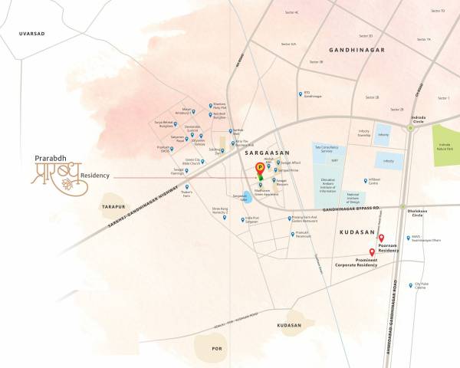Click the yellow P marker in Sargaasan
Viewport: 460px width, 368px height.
click(260, 166)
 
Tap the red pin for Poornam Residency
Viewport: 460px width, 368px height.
click(381, 238)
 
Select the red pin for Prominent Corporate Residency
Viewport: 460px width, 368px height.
click(372, 252)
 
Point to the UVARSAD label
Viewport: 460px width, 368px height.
click(35, 33)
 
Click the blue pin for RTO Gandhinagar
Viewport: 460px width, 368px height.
click(301, 94)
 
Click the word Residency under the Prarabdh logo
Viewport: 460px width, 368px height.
click(93, 175)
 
